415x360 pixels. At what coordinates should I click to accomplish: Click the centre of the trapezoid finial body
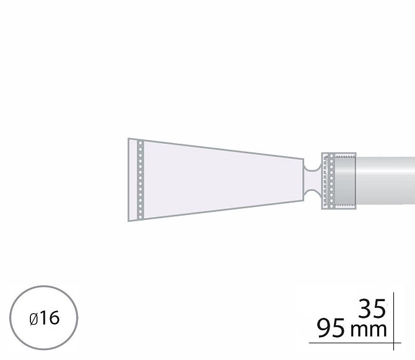pyautogui.click(x=216, y=180)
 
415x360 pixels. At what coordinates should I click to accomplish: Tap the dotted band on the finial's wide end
pyautogui.click(x=141, y=180)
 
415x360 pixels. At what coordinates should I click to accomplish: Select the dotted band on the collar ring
pyautogui.click(x=331, y=181)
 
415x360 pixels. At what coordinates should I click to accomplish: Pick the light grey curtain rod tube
pyautogui.click(x=385, y=180)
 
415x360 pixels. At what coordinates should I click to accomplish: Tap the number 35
pyautogui.click(x=372, y=309)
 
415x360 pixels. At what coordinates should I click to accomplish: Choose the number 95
pyautogui.click(x=331, y=328)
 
